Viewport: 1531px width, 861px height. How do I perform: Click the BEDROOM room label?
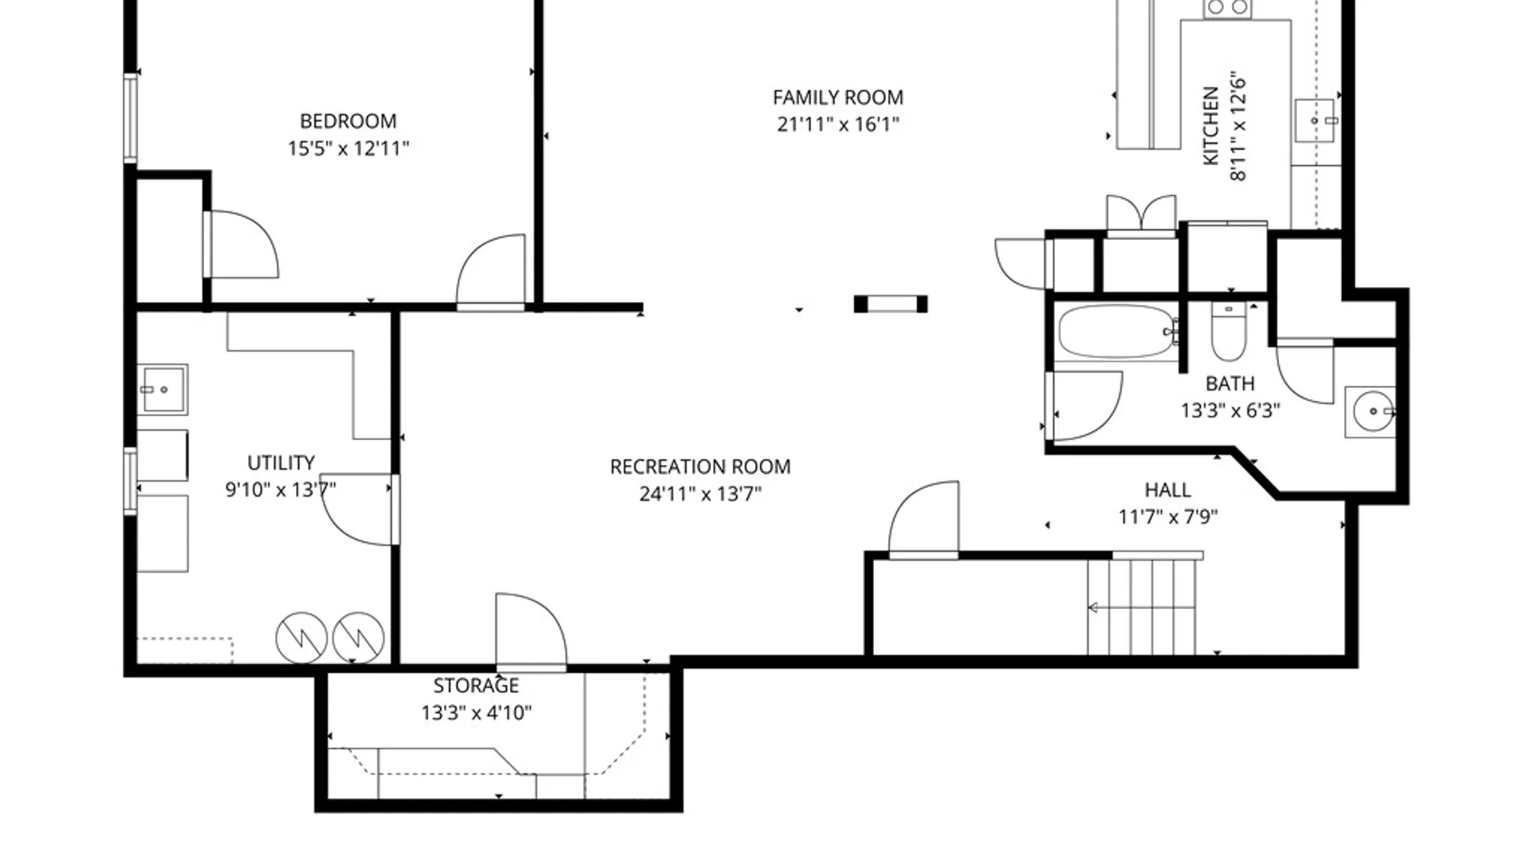[348, 121]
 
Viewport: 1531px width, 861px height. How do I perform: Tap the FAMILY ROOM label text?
[838, 97]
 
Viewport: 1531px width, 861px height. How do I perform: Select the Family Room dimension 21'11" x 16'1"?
[838, 124]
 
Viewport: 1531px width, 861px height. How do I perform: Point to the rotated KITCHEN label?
[1210, 126]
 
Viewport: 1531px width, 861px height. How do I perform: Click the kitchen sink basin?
[1314, 120]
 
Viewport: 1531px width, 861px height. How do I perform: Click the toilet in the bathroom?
[1229, 332]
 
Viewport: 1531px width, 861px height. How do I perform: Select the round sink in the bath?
[1373, 411]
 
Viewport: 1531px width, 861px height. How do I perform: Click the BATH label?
[1230, 383]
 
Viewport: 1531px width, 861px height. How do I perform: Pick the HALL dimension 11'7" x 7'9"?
[1168, 517]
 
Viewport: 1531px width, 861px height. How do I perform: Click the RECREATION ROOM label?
[700, 466]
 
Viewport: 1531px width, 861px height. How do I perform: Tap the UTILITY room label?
[281, 462]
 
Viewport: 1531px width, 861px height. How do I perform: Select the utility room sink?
[163, 390]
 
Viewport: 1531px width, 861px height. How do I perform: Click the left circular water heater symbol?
[301, 638]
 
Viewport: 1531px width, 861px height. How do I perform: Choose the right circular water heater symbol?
[358, 638]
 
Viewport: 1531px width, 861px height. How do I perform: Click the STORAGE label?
[476, 686]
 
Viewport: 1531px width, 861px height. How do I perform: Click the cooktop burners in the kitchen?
[1227, 8]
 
